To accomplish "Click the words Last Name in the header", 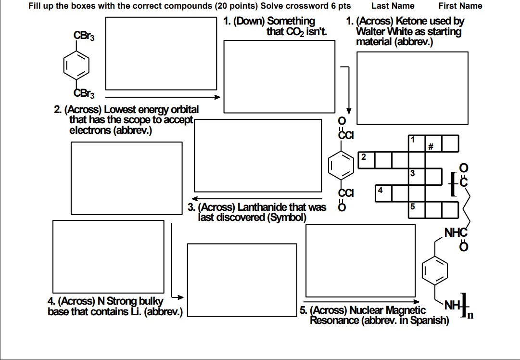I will point(393,6).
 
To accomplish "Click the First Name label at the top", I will point(460,6).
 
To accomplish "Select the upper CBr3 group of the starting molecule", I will point(84,36).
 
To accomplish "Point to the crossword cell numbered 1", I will point(417,143).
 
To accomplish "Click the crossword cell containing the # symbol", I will point(433,143).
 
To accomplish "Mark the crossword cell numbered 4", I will point(383,193).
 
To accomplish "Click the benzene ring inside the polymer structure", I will point(434,270).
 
